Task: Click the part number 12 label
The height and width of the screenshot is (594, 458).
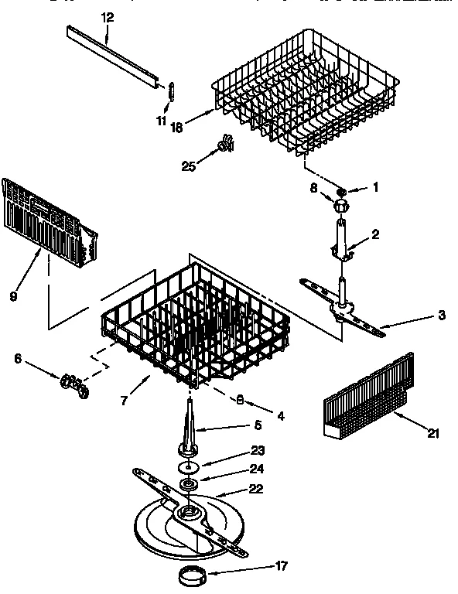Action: [x=107, y=17]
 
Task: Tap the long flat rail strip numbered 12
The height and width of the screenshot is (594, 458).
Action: [x=116, y=54]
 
